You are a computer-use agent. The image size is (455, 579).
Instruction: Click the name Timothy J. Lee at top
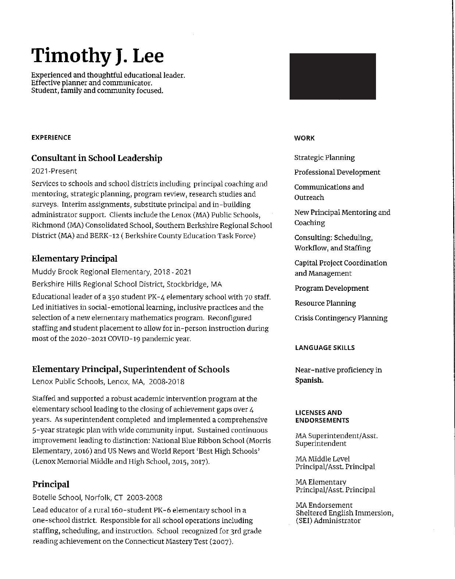[97, 56]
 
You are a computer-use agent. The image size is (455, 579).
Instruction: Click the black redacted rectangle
[333, 76]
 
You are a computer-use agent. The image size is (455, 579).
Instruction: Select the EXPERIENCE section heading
[51, 137]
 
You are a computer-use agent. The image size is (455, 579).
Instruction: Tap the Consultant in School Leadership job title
[97, 158]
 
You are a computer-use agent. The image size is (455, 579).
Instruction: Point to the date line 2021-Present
[54, 171]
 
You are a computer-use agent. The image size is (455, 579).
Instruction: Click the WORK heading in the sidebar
[304, 138]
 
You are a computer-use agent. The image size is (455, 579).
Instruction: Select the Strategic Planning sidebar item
[325, 158]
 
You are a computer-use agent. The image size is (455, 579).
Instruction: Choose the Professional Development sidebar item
[337, 172]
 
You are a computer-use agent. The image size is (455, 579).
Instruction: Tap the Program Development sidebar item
[332, 288]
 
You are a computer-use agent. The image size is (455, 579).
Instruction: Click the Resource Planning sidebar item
[325, 303]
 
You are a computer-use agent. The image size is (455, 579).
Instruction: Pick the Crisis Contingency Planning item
[341, 318]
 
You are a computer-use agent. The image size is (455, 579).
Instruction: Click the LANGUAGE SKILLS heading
[325, 348]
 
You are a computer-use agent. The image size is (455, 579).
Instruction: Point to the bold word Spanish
[309, 380]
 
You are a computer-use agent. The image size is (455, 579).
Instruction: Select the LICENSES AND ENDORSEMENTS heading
[322, 417]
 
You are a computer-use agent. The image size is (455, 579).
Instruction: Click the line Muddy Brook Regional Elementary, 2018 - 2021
[112, 272]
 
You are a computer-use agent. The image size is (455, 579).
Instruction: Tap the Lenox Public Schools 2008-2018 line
[108, 382]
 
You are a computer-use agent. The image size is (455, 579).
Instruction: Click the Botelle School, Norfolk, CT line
[97, 498]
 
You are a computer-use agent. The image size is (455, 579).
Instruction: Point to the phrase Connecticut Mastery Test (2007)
[179, 542]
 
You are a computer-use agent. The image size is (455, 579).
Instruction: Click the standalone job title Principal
[51, 485]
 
